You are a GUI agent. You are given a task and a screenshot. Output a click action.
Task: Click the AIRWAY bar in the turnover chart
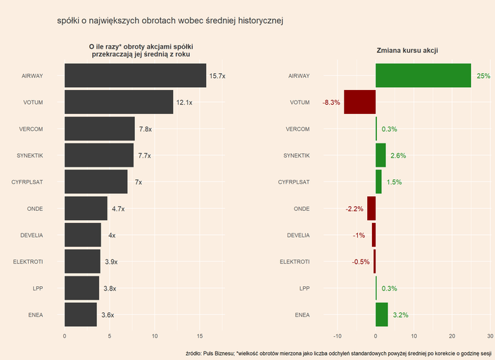[135, 75]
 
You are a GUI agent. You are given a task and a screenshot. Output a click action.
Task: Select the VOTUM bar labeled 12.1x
[118, 102]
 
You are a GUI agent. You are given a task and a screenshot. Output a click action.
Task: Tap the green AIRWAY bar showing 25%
[423, 75]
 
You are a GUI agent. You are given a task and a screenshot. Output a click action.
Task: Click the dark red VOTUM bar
[360, 102]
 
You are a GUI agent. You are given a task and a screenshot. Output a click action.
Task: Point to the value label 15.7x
[217, 76]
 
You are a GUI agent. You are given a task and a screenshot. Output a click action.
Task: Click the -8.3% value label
[331, 103]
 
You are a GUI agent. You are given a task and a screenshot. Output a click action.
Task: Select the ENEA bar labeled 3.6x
[80, 315]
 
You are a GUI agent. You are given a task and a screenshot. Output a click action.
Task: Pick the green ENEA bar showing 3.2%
[382, 315]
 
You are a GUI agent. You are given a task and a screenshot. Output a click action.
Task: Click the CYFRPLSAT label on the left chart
[27, 182]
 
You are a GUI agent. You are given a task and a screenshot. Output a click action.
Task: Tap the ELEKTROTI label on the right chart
[295, 262]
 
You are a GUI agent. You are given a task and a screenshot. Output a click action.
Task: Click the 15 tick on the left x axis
[200, 336]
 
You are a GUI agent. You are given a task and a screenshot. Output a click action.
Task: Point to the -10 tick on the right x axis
[338, 336]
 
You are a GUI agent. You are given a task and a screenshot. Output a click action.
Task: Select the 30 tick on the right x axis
[490, 336]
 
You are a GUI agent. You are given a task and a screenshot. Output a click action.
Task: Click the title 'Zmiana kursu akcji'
[408, 51]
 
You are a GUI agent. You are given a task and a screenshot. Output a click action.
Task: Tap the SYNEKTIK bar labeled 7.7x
[98, 155]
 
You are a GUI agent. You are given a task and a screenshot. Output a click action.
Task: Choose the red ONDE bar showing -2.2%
[371, 209]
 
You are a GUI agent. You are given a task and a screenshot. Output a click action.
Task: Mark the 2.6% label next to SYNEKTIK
[398, 156]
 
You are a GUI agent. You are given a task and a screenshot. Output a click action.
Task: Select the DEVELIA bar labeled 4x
[82, 236]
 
